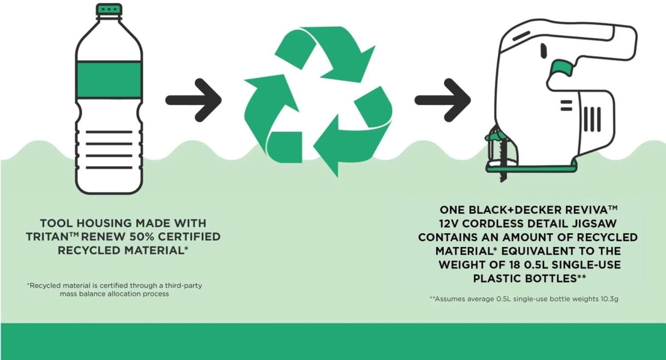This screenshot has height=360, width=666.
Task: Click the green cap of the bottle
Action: click(x=109, y=8)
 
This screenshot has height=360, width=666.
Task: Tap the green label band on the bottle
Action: click(x=109, y=80)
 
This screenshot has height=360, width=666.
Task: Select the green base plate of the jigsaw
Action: click(x=533, y=167)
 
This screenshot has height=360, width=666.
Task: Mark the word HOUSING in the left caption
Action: click(x=103, y=223)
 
